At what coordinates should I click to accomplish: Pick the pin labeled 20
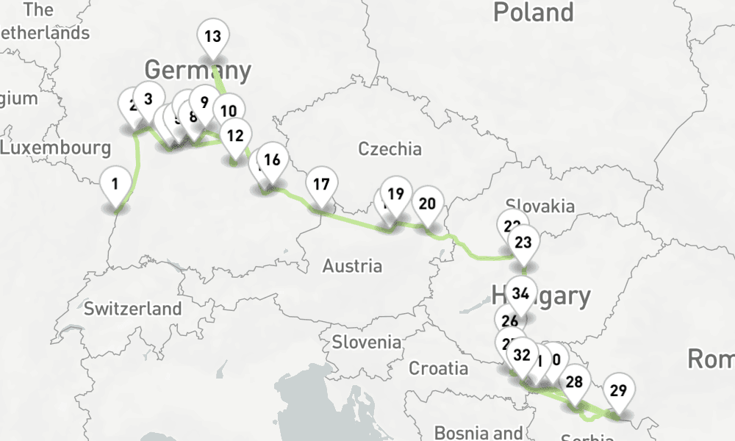tap(426, 204)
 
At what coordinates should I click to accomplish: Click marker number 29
tap(618, 390)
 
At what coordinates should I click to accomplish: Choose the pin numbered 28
tap(574, 381)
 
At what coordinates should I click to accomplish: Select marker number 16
tap(271, 159)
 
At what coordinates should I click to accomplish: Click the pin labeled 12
tap(235, 135)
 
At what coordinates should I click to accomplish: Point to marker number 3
tap(148, 98)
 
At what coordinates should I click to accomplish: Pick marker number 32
tap(522, 356)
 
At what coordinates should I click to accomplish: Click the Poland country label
tap(533, 12)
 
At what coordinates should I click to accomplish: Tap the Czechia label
tap(390, 149)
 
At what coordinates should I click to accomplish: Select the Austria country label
tap(352, 265)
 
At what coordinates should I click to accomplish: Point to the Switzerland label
tap(132, 308)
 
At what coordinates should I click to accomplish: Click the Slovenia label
tap(367, 342)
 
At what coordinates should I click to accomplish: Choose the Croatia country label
tap(438, 367)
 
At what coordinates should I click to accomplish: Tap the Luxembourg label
tap(56, 148)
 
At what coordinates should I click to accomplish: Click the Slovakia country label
tap(539, 205)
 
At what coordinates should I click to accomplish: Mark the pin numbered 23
tap(523, 242)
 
